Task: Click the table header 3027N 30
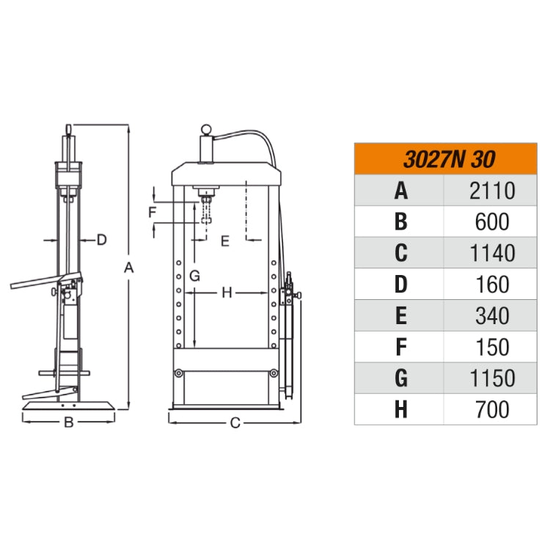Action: click(x=450, y=159)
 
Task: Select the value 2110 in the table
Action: click(x=492, y=191)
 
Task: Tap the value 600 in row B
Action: click(x=492, y=222)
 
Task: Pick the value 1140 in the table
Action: click(x=492, y=253)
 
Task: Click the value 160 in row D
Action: click(x=493, y=285)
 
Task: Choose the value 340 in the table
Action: click(x=492, y=315)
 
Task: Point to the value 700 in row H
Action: click(x=492, y=409)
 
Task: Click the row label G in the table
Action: click(x=401, y=378)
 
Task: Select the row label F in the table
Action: click(x=401, y=347)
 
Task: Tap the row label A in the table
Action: click(x=401, y=191)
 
